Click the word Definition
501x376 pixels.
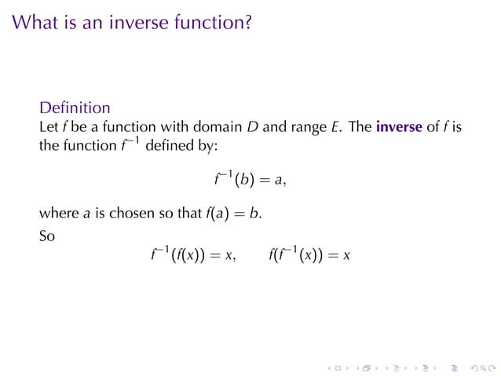click(75, 107)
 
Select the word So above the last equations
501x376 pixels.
click(47, 233)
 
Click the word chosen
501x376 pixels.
click(133, 213)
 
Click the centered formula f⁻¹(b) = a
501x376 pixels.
click(250, 180)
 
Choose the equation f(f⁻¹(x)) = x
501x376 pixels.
click(309, 255)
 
